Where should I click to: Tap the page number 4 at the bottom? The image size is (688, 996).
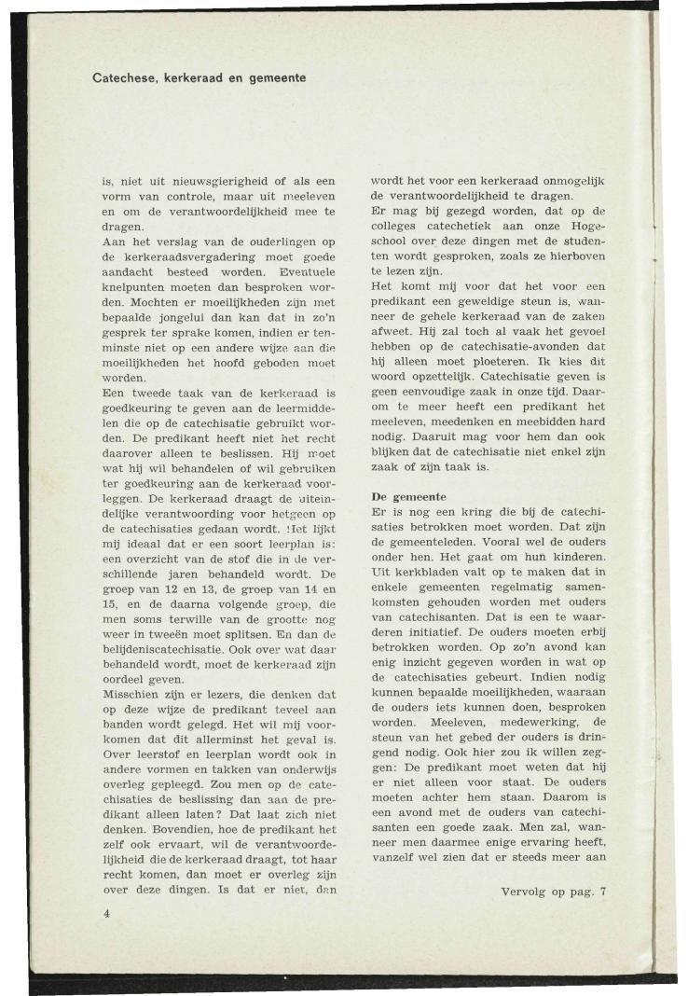107,914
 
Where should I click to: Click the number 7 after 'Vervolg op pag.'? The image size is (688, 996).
603,892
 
